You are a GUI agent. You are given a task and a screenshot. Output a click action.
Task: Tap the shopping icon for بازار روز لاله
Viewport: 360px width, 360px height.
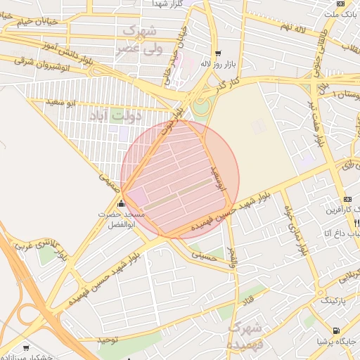217,53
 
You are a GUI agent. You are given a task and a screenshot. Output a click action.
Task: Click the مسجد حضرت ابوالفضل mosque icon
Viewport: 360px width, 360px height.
121,204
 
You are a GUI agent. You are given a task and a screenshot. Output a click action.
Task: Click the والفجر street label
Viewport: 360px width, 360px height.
233,258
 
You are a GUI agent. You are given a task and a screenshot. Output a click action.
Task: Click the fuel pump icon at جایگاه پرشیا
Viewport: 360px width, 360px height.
336,330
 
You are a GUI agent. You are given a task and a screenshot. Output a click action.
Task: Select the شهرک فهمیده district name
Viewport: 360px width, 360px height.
245,335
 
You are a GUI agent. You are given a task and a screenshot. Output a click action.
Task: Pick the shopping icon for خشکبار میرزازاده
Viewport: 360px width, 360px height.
27,347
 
